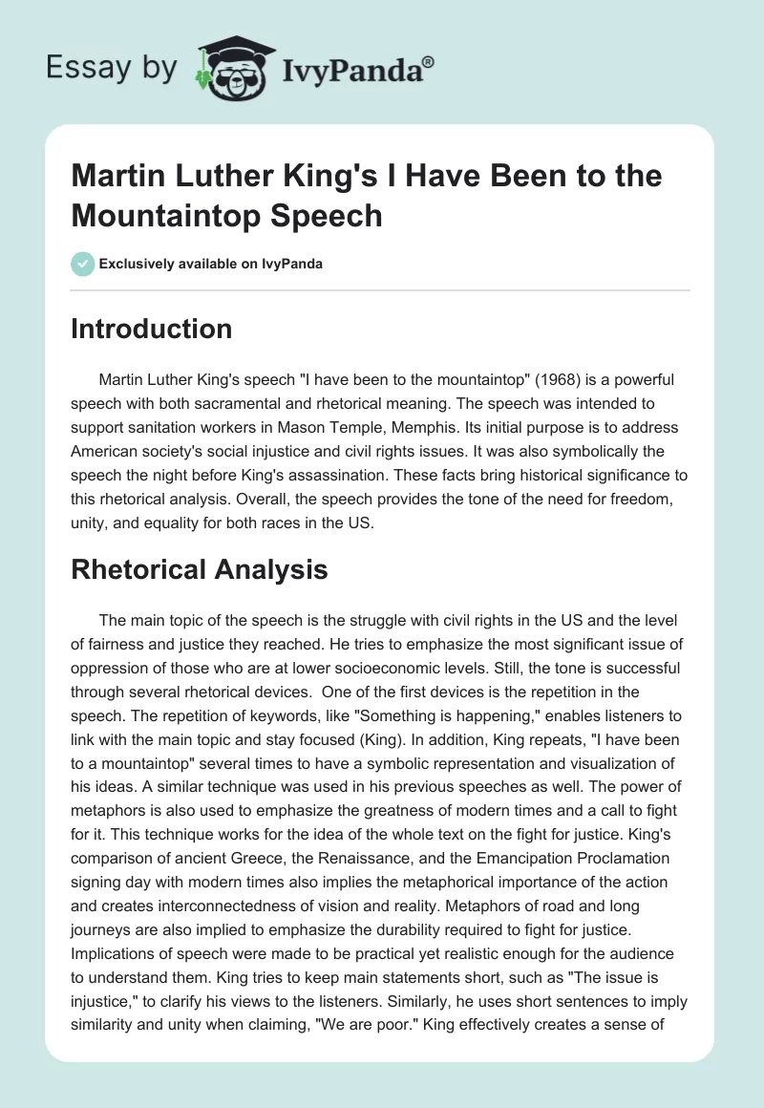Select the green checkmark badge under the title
click(x=82, y=264)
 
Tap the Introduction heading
click(x=151, y=329)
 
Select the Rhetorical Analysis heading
click(x=199, y=569)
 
